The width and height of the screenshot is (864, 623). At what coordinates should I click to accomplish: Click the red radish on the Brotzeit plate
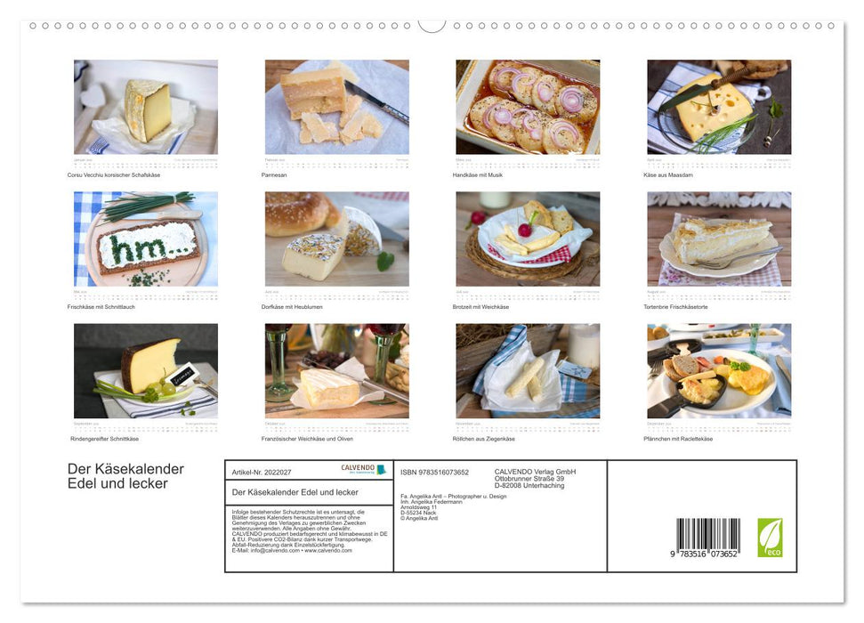coord(524,231)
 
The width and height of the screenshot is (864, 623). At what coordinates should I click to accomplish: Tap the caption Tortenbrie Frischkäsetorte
coord(682,306)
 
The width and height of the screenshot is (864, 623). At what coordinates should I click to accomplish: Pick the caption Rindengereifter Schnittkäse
coord(105,439)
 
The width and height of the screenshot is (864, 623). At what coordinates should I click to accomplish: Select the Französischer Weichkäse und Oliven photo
coord(336,370)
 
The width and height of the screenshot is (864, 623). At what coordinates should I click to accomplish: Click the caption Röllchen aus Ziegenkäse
coord(486,439)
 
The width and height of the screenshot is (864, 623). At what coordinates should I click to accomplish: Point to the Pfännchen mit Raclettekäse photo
coord(719,370)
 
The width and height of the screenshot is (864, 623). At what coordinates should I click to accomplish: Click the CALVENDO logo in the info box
coord(363,469)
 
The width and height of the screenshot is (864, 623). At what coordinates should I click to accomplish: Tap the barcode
coord(707,537)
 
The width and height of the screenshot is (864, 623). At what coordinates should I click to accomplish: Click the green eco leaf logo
coord(770,537)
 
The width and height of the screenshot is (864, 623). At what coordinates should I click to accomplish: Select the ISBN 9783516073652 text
coord(433,472)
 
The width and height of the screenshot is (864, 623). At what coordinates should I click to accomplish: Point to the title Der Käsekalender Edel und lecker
coord(125,476)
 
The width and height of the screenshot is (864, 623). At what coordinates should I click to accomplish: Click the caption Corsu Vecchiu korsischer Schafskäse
coord(114,174)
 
